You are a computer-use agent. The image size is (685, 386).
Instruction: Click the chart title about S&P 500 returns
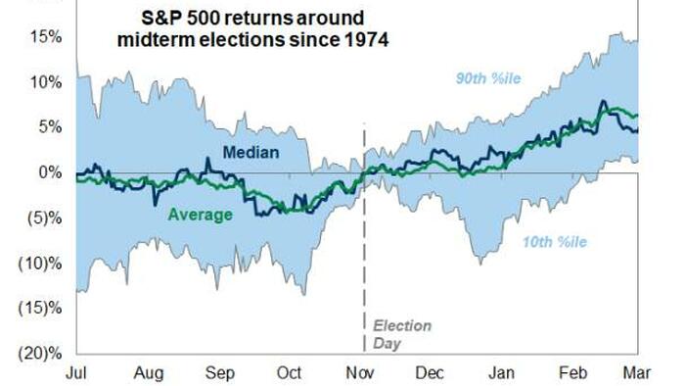click(252, 28)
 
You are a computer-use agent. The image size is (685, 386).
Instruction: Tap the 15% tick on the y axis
click(46, 36)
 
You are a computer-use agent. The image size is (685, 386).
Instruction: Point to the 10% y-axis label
click(46, 81)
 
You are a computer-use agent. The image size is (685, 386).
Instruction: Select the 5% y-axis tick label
click(50, 127)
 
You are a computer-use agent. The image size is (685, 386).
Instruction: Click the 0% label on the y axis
click(50, 172)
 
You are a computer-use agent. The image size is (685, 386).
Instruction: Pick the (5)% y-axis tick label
click(45, 217)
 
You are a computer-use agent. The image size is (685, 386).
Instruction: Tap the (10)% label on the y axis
click(40, 264)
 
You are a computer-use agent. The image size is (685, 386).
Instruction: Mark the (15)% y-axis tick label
click(40, 309)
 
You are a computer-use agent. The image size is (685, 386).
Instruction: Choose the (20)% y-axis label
click(40, 354)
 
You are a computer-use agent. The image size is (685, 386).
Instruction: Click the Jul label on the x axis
click(76, 373)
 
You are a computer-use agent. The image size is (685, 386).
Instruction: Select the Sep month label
click(220, 373)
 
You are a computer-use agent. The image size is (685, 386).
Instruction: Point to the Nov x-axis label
click(360, 373)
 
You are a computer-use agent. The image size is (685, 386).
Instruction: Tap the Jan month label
click(501, 373)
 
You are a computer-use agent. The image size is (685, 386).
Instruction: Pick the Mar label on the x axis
click(637, 373)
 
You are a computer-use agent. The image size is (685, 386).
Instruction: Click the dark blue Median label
click(251, 153)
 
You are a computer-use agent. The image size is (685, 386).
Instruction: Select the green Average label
click(200, 216)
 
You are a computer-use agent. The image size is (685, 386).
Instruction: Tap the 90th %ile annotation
click(488, 78)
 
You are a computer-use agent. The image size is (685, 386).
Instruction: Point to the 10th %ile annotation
click(555, 242)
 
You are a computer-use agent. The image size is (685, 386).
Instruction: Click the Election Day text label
click(402, 334)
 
